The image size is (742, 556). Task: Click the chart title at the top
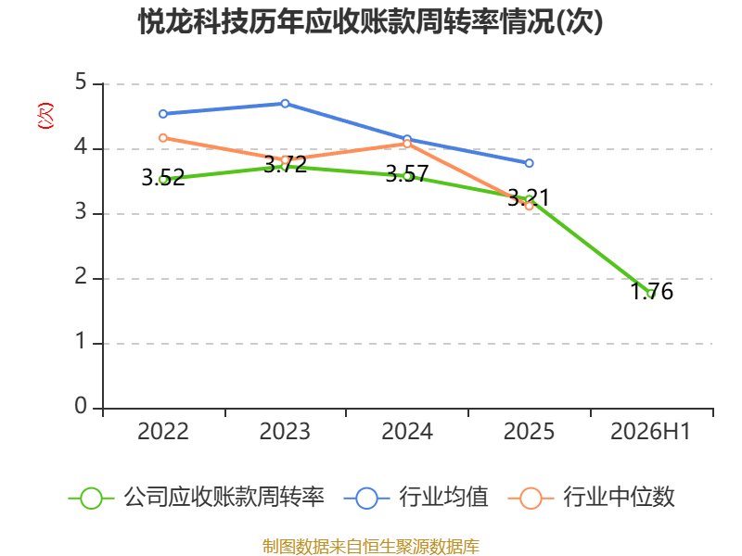pyautogui.click(x=370, y=21)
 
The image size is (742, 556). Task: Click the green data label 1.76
pyautogui.click(x=652, y=291)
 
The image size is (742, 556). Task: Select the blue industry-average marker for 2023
pyautogui.click(x=285, y=104)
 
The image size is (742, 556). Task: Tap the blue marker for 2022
pyautogui.click(x=163, y=114)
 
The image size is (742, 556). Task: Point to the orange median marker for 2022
pyautogui.click(x=163, y=138)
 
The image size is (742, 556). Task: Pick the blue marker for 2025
pyautogui.click(x=529, y=163)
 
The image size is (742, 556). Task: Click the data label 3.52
pyautogui.click(x=163, y=178)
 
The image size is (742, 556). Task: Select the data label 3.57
pyautogui.click(x=407, y=174)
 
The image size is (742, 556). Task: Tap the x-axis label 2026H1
pyautogui.click(x=651, y=432)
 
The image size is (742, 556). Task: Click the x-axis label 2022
pyautogui.click(x=163, y=432)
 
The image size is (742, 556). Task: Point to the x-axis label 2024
pyautogui.click(x=407, y=432)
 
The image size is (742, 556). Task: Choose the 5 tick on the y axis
pyautogui.click(x=81, y=82)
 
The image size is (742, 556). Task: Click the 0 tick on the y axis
pyautogui.click(x=81, y=406)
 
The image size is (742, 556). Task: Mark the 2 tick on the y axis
pyautogui.click(x=81, y=276)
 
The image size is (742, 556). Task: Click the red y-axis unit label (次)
pyautogui.click(x=45, y=116)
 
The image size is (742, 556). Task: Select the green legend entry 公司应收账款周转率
pyautogui.click(x=197, y=498)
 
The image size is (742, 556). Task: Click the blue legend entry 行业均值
pyautogui.click(x=416, y=498)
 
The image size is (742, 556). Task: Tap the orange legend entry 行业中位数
pyautogui.click(x=591, y=498)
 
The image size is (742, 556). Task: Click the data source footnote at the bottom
pyautogui.click(x=370, y=547)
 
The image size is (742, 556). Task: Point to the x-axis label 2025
pyautogui.click(x=529, y=432)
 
